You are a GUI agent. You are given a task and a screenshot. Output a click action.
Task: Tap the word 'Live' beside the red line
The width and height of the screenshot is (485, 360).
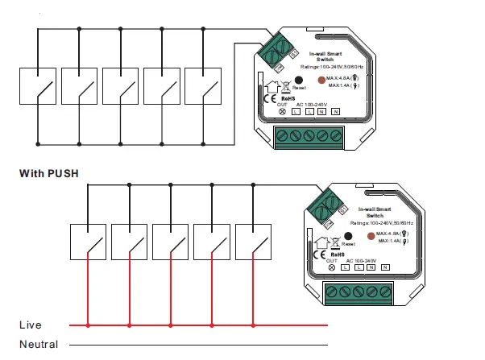coord(30,325)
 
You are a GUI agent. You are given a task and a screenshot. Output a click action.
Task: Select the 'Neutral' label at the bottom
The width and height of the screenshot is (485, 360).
coord(39,345)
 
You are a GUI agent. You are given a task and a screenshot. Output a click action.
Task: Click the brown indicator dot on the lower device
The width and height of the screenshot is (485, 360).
coord(372,237)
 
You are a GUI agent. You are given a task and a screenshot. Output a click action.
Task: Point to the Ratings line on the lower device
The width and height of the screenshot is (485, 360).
coord(383,222)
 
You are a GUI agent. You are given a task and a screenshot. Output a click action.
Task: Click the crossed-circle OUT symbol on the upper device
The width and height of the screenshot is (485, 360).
coord(281,111)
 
